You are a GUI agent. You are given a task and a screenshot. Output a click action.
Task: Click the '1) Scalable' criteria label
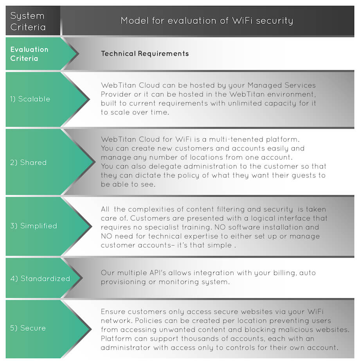pyautogui.click(x=30, y=99)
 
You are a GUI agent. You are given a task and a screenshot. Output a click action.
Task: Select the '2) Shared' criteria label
pyautogui.click(x=28, y=163)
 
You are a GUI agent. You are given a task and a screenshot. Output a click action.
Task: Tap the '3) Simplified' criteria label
pyautogui.click(x=34, y=226)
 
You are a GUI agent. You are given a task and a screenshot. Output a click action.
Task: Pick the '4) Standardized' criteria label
pyautogui.click(x=40, y=279)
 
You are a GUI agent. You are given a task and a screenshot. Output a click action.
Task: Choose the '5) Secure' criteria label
pyautogui.click(x=28, y=328)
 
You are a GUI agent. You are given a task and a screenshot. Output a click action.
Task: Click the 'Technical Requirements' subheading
pyautogui.click(x=145, y=54)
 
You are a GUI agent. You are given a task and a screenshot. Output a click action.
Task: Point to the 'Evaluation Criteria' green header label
pyautogui.click(x=29, y=54)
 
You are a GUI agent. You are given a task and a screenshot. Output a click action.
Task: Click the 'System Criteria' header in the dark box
pyautogui.click(x=28, y=22)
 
